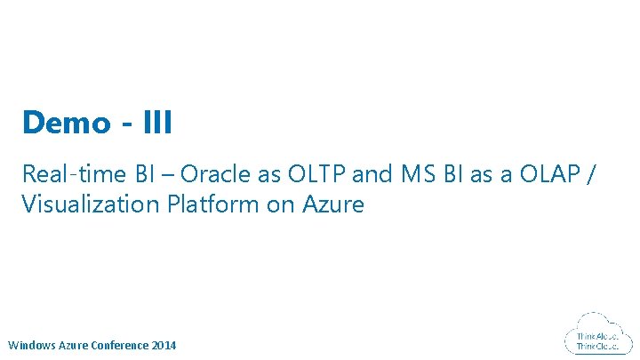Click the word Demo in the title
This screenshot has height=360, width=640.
point(63,123)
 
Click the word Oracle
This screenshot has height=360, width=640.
point(185,173)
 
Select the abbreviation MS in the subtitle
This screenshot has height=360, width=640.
point(414,173)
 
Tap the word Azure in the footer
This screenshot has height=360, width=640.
point(75,345)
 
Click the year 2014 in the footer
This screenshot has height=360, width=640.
point(164,345)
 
